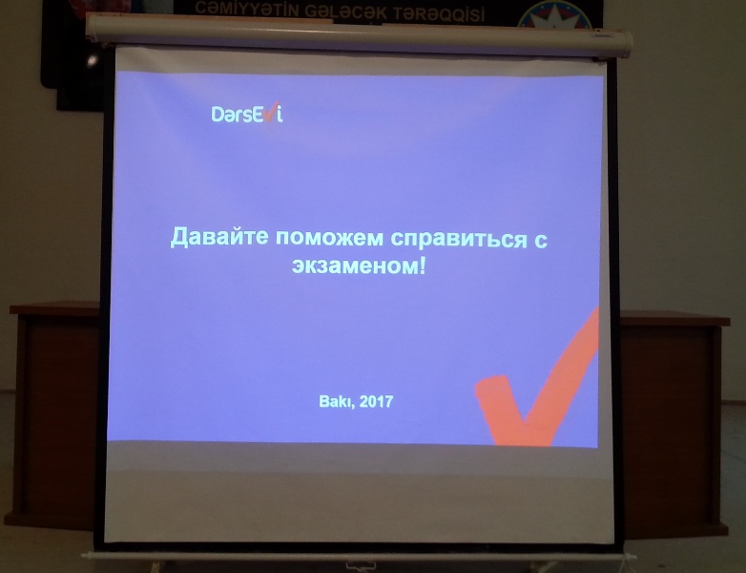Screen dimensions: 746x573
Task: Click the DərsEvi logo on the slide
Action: pyautogui.click(x=247, y=115)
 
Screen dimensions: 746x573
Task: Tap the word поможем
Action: pyautogui.click(x=329, y=238)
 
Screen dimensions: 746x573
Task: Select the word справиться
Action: pyautogui.click(x=456, y=239)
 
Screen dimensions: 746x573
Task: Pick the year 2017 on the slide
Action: pyautogui.click(x=376, y=401)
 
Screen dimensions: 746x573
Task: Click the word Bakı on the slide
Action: pyautogui.click(x=336, y=402)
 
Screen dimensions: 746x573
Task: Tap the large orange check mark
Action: pyautogui.click(x=539, y=381)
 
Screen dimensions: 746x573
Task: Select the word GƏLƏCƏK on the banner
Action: pyautogui.click(x=346, y=12)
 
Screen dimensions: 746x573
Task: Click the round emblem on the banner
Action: pyautogui.click(x=554, y=14)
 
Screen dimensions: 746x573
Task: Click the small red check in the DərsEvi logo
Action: pyautogui.click(x=271, y=111)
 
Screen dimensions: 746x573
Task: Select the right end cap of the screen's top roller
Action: pyautogui.click(x=627, y=44)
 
